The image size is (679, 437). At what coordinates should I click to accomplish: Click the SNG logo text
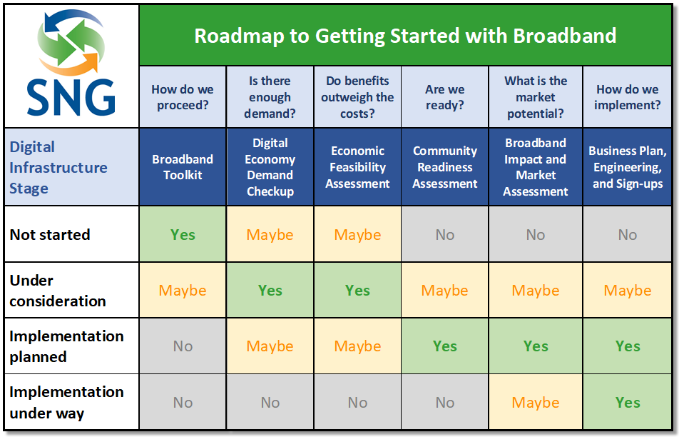coord(71,98)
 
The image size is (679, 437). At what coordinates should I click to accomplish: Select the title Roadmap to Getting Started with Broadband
coord(405,36)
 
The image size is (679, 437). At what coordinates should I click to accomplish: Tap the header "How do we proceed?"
coord(183,97)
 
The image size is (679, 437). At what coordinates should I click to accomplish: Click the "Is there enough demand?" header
coord(270,97)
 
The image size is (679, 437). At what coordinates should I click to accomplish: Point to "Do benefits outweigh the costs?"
coord(357,97)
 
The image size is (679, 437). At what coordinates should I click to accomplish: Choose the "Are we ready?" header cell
coord(445,97)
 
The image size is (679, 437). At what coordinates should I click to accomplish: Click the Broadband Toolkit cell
coord(183,167)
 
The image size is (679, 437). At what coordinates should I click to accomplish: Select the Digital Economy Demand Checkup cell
coord(270,167)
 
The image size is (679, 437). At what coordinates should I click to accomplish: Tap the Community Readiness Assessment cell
coord(445,167)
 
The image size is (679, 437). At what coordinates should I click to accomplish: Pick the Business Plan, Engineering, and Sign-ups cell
coord(628,167)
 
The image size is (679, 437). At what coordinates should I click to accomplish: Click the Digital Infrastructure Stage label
coord(58,167)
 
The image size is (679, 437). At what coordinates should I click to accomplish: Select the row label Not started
coord(50,234)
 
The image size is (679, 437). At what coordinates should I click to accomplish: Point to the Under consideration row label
coord(58,291)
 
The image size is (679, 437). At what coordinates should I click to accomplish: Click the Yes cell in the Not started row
coord(183,234)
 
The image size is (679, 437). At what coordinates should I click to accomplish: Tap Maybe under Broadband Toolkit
coord(183,291)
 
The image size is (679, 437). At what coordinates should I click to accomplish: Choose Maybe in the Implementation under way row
coord(535,402)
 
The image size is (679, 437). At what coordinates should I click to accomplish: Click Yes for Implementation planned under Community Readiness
coord(445,346)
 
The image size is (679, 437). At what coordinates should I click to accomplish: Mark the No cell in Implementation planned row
coord(183,346)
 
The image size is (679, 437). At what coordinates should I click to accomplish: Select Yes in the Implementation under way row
coord(628,402)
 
